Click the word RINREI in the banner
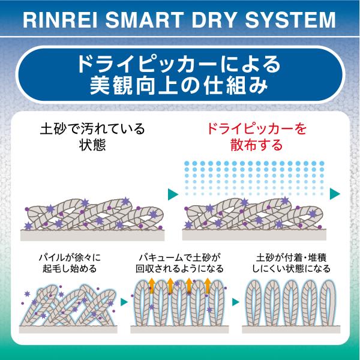[61, 20]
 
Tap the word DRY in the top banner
[214, 20]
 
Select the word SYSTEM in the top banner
[290, 20]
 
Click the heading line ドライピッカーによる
[179, 64]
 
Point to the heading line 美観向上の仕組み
[179, 86]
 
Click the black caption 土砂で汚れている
[92, 129]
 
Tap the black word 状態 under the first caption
[92, 145]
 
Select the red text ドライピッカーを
[257, 129]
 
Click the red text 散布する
[257, 145]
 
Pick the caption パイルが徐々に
[70, 257]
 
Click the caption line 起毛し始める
[70, 268]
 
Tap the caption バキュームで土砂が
[179, 257]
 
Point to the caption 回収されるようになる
[179, 268]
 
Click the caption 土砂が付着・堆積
[292, 257]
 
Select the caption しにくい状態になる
[292, 268]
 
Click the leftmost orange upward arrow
[152, 286]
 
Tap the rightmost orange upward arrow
[208, 286]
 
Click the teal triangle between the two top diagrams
[173, 194]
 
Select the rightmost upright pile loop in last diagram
[328, 303]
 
